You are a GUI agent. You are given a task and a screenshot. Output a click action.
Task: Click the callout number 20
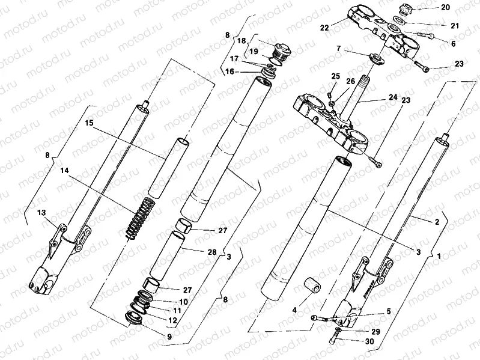[445, 8]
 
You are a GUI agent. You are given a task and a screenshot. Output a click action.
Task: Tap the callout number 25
[335, 76]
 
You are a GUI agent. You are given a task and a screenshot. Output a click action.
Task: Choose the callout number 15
[89, 123]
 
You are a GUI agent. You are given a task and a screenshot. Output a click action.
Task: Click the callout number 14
[65, 171]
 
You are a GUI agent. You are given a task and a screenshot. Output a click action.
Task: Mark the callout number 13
[41, 213]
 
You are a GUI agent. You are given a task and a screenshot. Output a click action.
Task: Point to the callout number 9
[169, 336]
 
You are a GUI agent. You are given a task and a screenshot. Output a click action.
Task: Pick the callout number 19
[254, 52]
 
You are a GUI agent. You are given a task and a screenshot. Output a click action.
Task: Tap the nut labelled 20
[406, 10]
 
